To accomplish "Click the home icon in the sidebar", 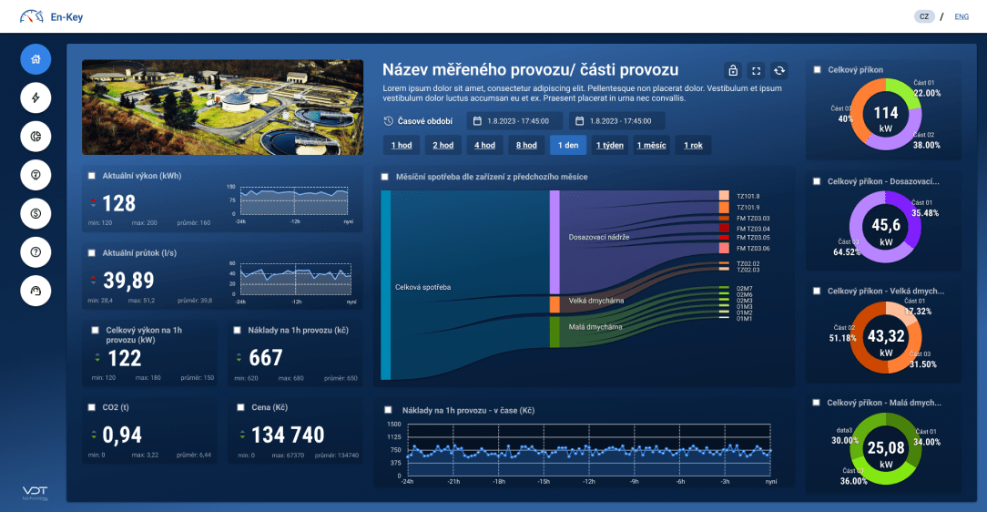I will (36, 59).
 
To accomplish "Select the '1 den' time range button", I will (567, 145).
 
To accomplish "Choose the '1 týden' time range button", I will (609, 145).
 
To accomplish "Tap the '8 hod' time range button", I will (526, 145).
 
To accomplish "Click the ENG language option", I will (962, 16).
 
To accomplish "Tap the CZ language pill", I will (924, 16).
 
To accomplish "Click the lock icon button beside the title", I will (733, 70).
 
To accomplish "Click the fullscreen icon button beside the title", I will (756, 70).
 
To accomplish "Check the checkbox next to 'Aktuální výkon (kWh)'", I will (92, 176).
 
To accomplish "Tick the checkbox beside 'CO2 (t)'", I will (92, 407).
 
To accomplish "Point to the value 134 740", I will (288, 435).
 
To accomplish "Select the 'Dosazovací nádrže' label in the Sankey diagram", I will (598, 237).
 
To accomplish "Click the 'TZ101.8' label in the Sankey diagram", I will (748, 196).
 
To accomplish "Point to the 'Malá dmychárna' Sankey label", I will (595, 326).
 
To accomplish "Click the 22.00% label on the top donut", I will (927, 93).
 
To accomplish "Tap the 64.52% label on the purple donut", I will (847, 251).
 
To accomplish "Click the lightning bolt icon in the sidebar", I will (36, 97).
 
